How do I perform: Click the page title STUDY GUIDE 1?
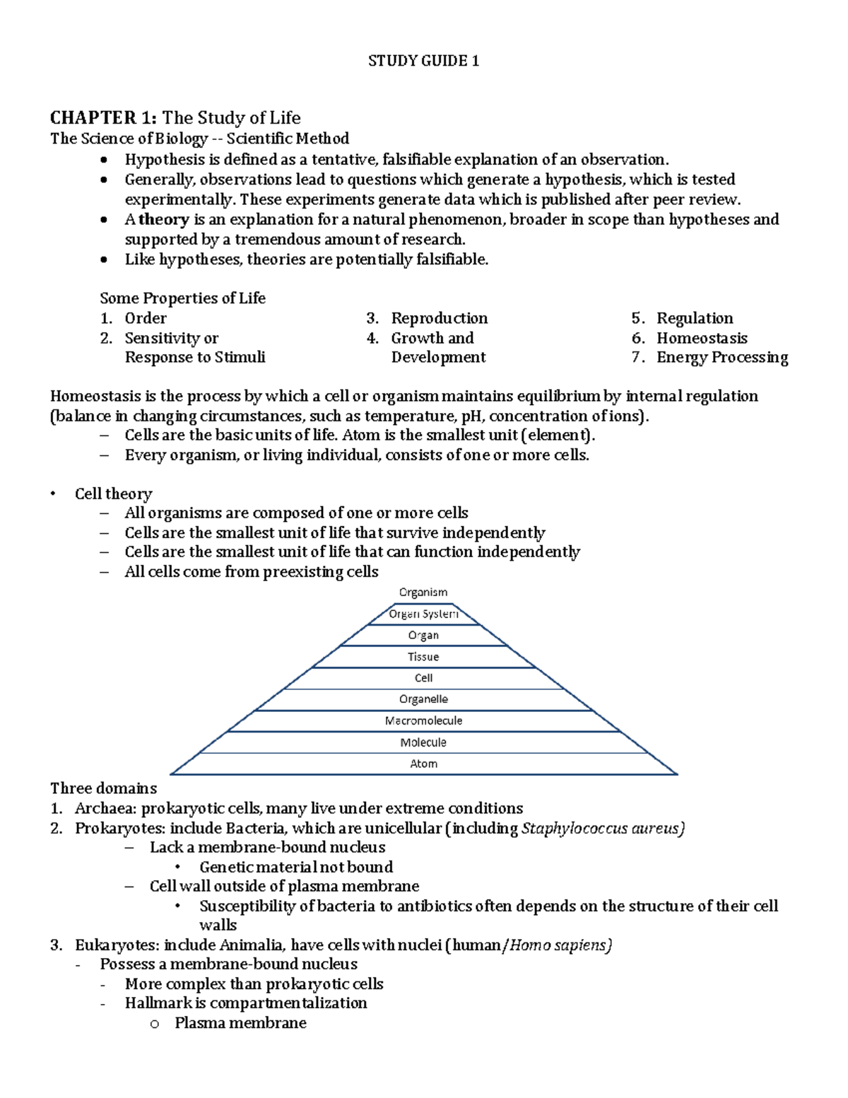(x=423, y=61)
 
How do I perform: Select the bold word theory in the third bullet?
(x=163, y=219)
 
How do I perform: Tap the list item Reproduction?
(x=439, y=318)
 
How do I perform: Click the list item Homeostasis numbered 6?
(x=701, y=338)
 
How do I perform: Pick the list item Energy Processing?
(x=722, y=357)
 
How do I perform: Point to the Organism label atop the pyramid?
(x=423, y=592)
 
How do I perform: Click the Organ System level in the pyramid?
(x=423, y=614)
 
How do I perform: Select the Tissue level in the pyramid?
(x=423, y=657)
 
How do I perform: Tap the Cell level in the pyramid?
(x=423, y=678)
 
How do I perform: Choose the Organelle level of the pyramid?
(x=423, y=699)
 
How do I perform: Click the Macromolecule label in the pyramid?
(x=423, y=720)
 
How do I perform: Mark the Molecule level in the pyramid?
(x=423, y=742)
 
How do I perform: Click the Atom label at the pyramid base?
(x=423, y=764)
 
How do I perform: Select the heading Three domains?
(x=104, y=788)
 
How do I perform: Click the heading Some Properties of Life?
(x=182, y=298)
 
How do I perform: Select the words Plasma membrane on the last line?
(x=240, y=1023)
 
